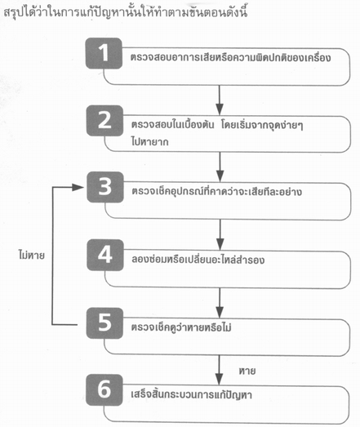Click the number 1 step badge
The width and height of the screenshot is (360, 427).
(x=104, y=53)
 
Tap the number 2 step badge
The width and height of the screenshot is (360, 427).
(x=104, y=121)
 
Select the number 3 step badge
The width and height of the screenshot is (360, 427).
(x=105, y=187)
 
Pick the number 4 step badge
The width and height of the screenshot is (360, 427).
(x=105, y=255)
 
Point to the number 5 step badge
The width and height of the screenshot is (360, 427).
(x=104, y=323)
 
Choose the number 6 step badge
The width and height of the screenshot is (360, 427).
(x=104, y=390)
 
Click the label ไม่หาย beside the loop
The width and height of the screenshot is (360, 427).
(x=31, y=256)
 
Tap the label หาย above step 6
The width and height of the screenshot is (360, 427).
(x=247, y=371)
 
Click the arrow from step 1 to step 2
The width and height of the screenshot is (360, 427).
(x=220, y=100)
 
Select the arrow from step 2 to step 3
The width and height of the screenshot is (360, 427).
(x=220, y=167)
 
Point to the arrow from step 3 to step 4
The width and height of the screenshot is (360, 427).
(x=220, y=234)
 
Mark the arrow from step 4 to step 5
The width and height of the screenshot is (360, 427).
(x=220, y=303)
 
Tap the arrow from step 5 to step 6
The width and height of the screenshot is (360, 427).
(x=219, y=370)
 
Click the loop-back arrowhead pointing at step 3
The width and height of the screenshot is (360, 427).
(x=78, y=187)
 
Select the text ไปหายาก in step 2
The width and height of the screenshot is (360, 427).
(x=149, y=141)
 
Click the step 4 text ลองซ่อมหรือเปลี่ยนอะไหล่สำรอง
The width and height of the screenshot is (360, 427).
(x=198, y=259)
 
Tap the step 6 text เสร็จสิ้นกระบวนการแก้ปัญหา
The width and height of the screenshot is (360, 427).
(x=192, y=394)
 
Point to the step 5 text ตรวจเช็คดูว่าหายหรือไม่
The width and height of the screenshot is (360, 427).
(x=181, y=327)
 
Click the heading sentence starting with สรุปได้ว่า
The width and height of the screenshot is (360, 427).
(x=126, y=12)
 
